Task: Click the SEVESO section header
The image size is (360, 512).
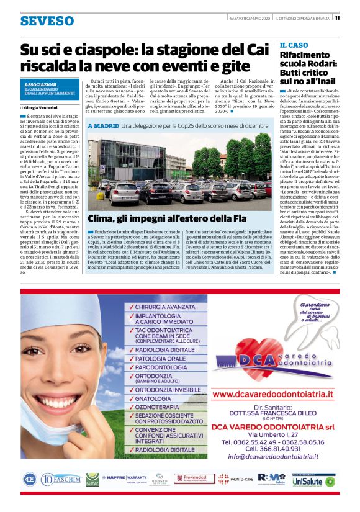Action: coord(47,21)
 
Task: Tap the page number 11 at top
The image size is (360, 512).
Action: coord(337,17)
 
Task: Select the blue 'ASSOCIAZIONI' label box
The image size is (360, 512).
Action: coord(49,89)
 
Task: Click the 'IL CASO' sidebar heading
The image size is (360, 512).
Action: coord(294,45)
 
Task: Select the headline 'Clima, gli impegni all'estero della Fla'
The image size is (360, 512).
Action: coord(166,218)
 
